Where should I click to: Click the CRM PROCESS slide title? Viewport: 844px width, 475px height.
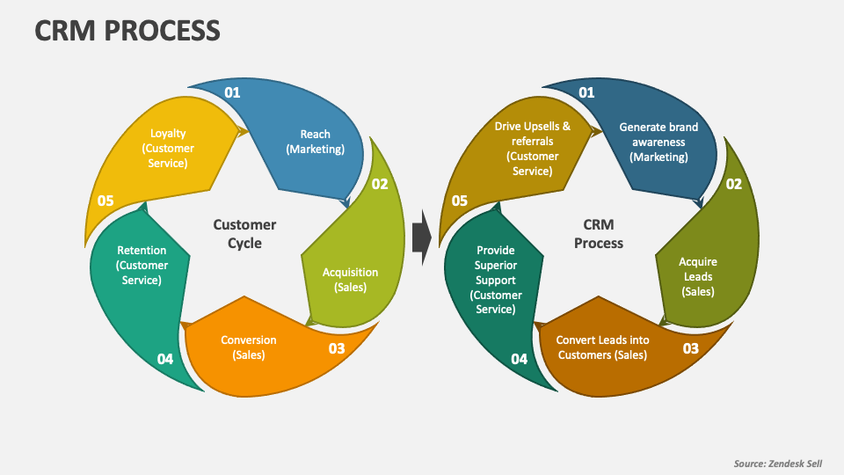pyautogui.click(x=127, y=31)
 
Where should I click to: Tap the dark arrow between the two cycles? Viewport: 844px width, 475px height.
pyautogui.click(x=421, y=237)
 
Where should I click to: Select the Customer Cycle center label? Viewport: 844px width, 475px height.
pyautogui.click(x=244, y=234)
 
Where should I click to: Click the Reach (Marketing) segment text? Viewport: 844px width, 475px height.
pyautogui.click(x=315, y=142)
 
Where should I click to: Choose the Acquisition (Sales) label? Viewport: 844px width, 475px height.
pyautogui.click(x=350, y=280)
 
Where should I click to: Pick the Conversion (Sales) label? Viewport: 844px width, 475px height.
pyautogui.click(x=248, y=347)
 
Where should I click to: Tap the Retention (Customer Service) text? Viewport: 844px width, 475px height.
pyautogui.click(x=142, y=266)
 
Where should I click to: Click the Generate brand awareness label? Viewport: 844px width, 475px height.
pyautogui.click(x=658, y=142)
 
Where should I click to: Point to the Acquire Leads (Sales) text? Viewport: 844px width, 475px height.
pyautogui.click(x=698, y=276)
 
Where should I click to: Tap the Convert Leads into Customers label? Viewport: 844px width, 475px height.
pyautogui.click(x=601, y=347)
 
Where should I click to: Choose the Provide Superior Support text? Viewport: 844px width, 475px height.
pyautogui.click(x=496, y=280)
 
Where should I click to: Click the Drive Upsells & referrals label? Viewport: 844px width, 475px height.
pyautogui.click(x=532, y=148)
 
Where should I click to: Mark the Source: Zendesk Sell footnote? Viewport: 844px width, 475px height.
pyautogui.click(x=778, y=463)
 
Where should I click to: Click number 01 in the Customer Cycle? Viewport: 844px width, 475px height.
pyautogui.click(x=232, y=92)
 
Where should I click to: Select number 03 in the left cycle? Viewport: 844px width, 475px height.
pyautogui.click(x=337, y=348)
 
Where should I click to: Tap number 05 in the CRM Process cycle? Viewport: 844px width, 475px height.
pyautogui.click(x=460, y=201)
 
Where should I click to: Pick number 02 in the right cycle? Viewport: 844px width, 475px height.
pyautogui.click(x=733, y=184)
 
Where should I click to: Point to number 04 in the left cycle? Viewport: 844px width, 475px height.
pyautogui.click(x=165, y=359)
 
